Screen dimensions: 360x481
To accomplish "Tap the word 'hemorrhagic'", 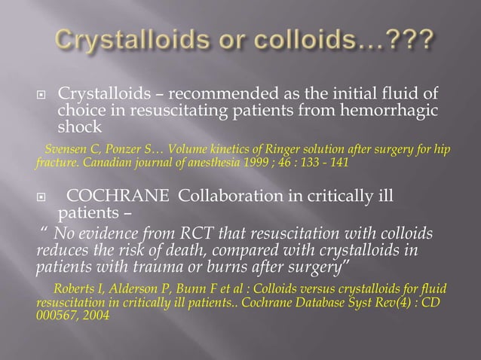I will click(397, 111).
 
